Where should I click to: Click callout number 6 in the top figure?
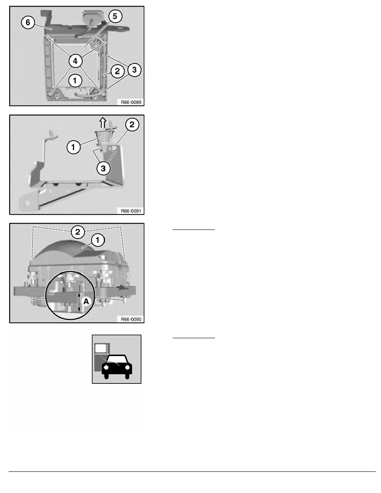pyautogui.click(x=28, y=23)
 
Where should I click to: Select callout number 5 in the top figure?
pyautogui.click(x=115, y=16)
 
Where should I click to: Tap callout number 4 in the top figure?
pyautogui.click(x=76, y=61)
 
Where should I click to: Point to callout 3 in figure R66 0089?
pyautogui.click(x=134, y=70)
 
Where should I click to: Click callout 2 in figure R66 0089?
pyautogui.click(x=117, y=72)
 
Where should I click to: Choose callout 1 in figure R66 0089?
pyautogui.click(x=75, y=81)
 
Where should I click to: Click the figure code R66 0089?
pyautogui.click(x=131, y=102)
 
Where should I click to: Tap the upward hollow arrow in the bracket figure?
pyautogui.click(x=103, y=122)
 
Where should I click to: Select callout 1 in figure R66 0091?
pyautogui.click(x=73, y=147)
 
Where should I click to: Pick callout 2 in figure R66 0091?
pyautogui.click(x=132, y=125)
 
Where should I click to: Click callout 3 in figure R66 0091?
pyautogui.click(x=103, y=168)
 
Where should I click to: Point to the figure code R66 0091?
pyautogui.click(x=131, y=211)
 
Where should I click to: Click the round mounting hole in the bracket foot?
pyautogui.click(x=27, y=203)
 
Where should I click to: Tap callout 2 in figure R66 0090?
pyautogui.click(x=78, y=233)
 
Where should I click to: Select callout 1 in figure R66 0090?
pyautogui.click(x=98, y=241)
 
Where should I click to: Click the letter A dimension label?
pyautogui.click(x=86, y=302)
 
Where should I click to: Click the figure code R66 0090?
pyautogui.click(x=131, y=320)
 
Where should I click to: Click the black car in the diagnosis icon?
pyautogui.click(x=117, y=367)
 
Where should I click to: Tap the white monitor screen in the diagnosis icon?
pyautogui.click(x=100, y=348)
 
